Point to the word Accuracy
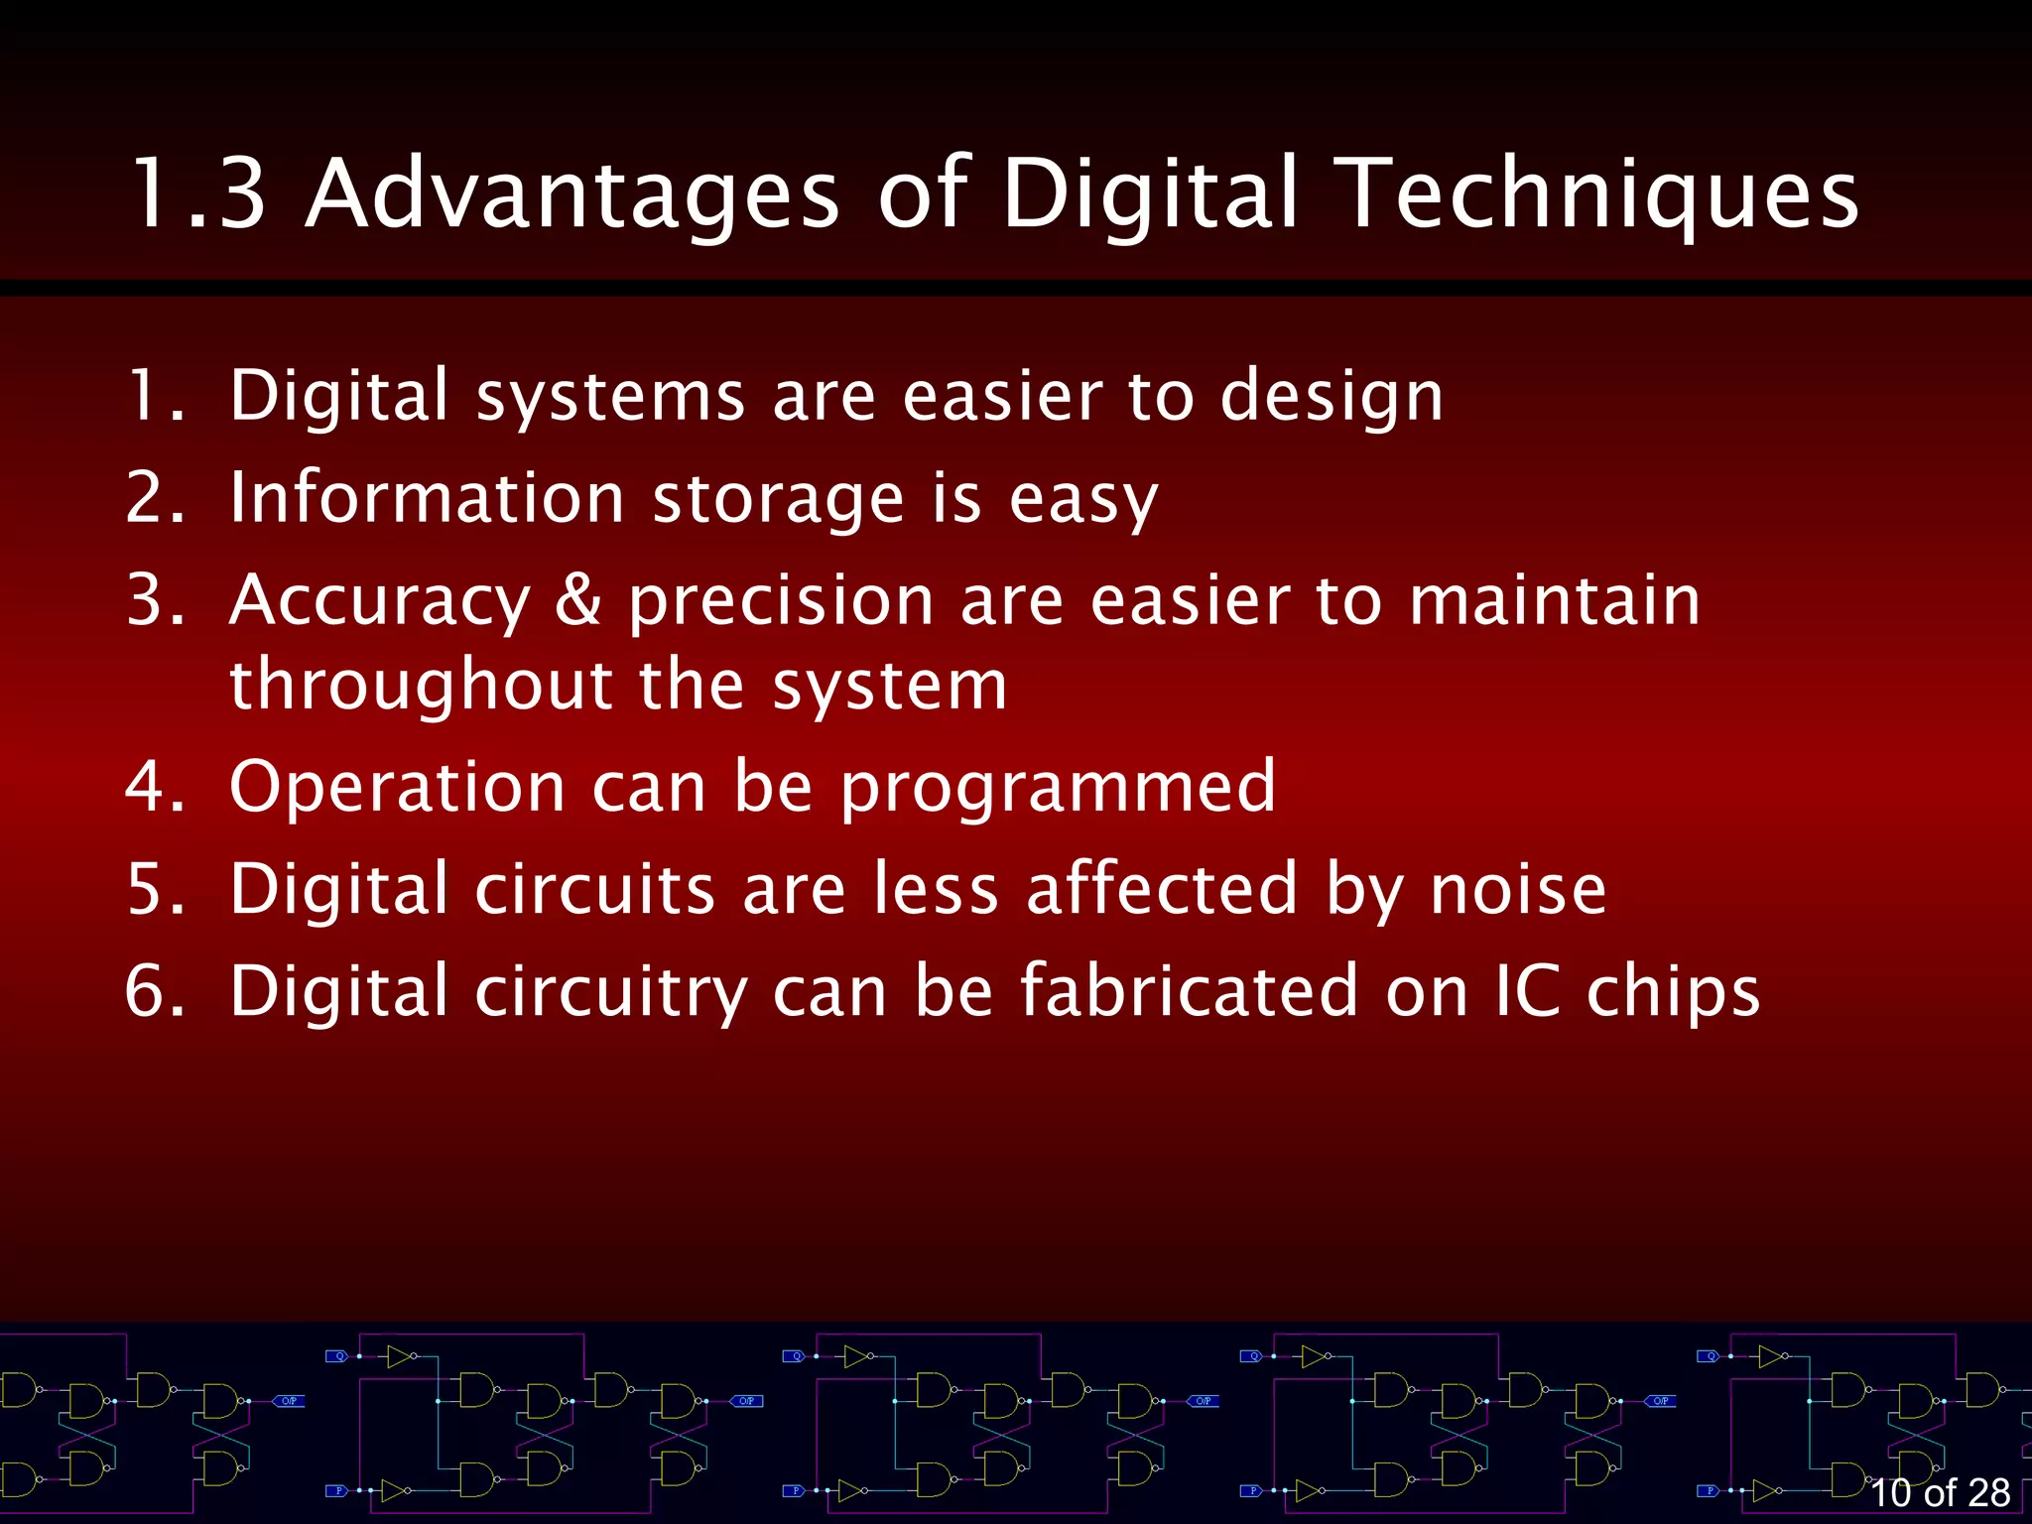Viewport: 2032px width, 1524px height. click(x=380, y=601)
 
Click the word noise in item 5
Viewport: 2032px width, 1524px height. click(x=1517, y=889)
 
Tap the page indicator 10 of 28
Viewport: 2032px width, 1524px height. click(x=1940, y=1492)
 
